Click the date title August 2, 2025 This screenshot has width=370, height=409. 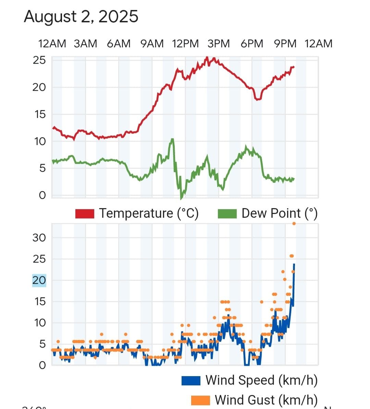(x=81, y=16)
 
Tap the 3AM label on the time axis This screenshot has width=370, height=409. (x=85, y=44)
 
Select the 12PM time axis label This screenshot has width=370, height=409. (x=185, y=44)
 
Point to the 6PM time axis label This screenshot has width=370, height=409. (x=252, y=44)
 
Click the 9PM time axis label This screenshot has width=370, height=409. (x=285, y=44)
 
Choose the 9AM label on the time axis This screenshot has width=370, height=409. (x=152, y=44)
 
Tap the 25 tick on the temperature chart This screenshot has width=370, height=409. (x=39, y=60)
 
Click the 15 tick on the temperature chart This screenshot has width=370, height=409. (x=40, y=115)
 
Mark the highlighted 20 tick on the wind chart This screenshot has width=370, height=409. (x=39, y=280)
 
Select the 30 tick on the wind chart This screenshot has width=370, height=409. (x=39, y=238)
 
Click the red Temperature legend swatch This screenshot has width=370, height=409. (x=85, y=214)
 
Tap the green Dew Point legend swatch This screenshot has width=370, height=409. (x=227, y=214)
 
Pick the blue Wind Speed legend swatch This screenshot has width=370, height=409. (x=191, y=381)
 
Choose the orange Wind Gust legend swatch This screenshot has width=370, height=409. (x=200, y=400)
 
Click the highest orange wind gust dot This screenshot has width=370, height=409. (x=294, y=224)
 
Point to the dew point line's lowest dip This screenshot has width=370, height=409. (x=181, y=198)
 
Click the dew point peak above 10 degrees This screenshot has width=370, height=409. (x=172, y=139)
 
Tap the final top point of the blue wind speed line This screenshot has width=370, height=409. (x=294, y=264)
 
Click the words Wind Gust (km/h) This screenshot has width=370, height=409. (x=266, y=400)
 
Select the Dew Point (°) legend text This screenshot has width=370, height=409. (x=280, y=214)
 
